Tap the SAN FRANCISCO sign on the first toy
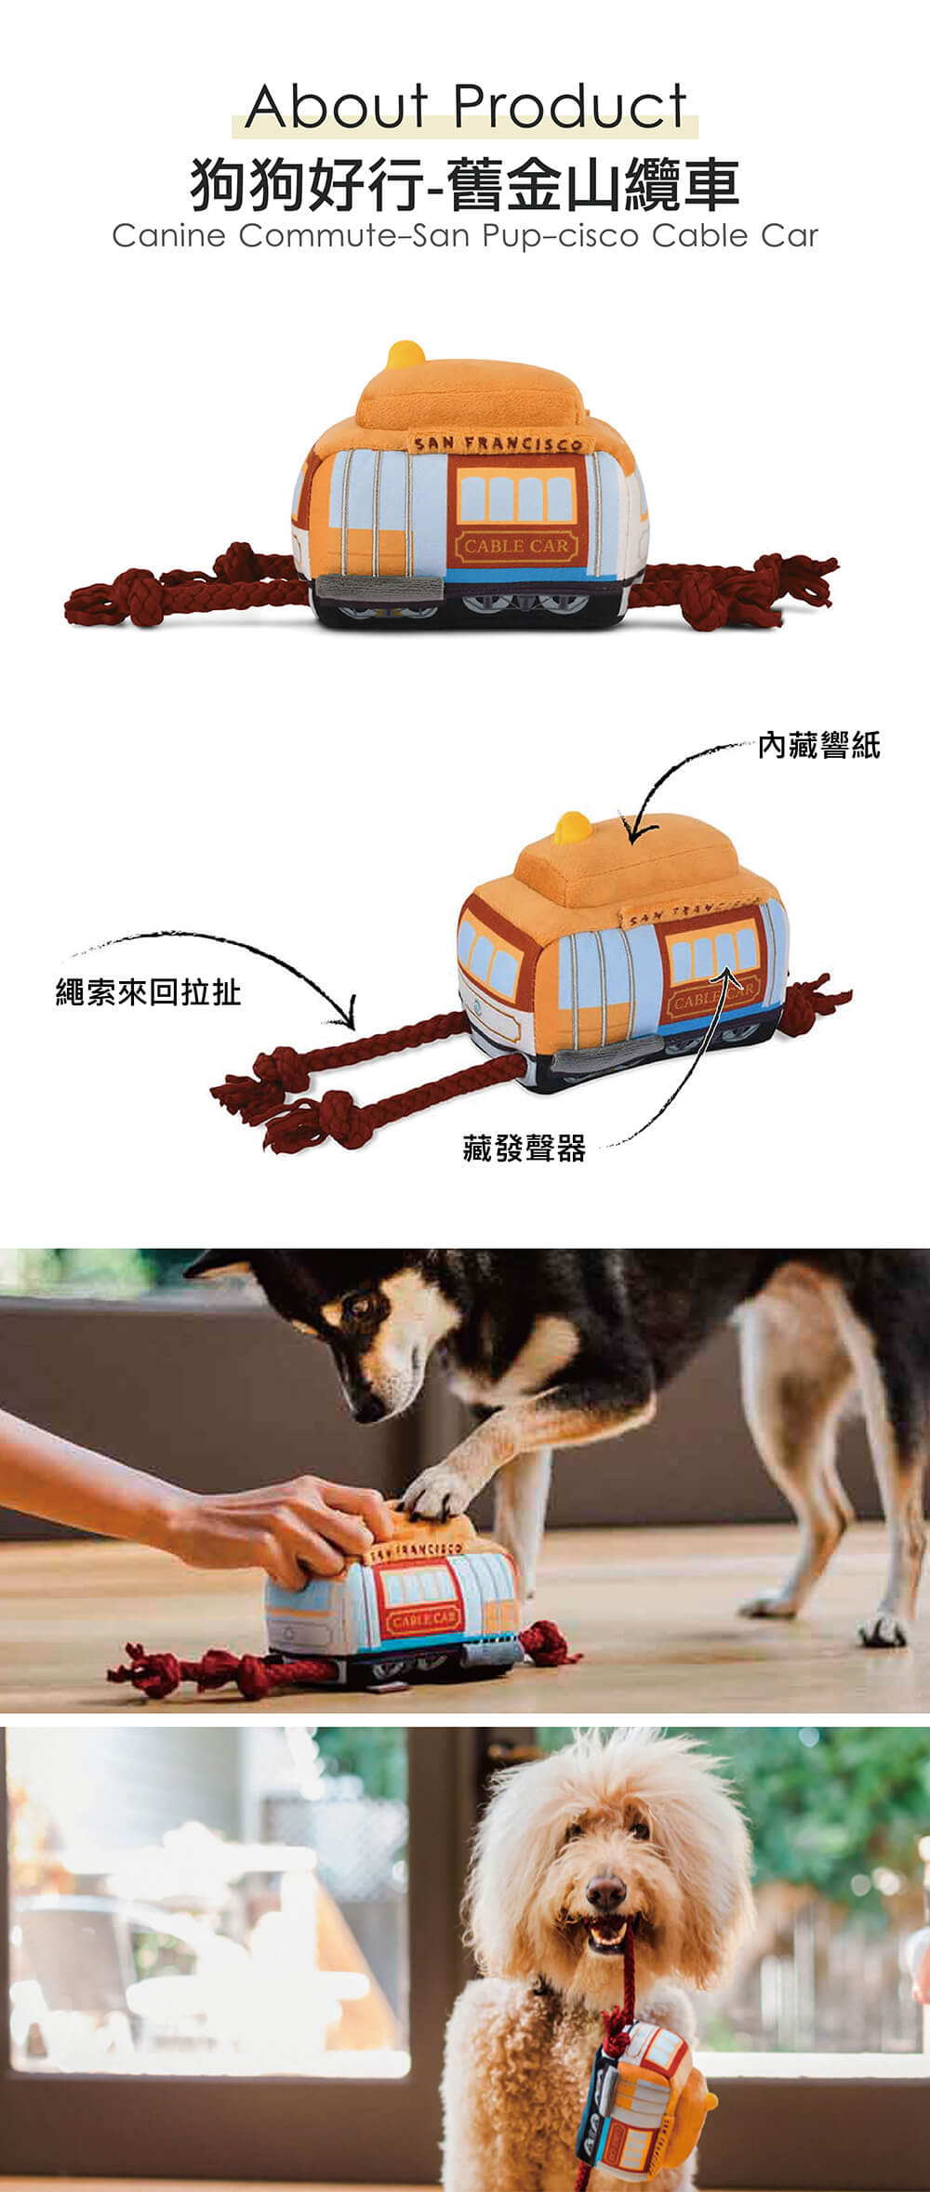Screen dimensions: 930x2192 [x=496, y=444]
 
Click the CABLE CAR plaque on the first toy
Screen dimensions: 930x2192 [x=515, y=545]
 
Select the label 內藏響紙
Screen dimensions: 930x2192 [x=819, y=745]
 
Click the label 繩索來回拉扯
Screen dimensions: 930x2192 [x=149, y=993]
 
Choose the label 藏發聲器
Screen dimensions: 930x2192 [x=525, y=1149]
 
